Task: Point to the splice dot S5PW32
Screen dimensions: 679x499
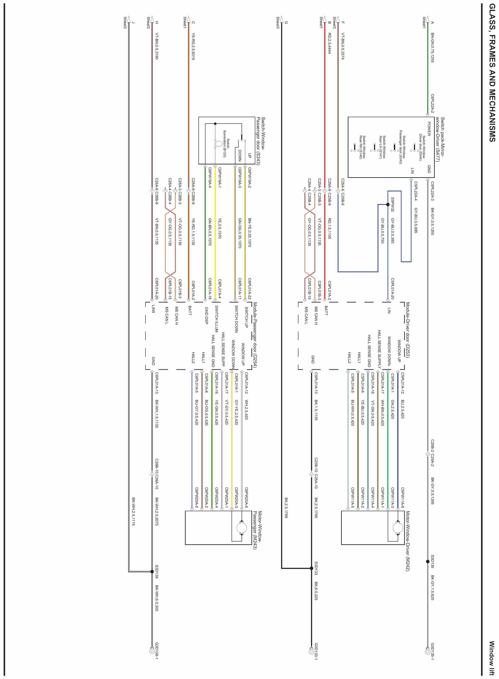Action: pos(387,205)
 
